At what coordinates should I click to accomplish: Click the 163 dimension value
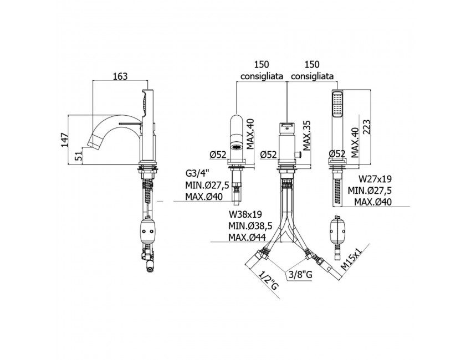(x=120, y=76)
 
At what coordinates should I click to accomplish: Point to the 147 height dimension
(x=65, y=139)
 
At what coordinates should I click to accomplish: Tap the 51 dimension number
(x=78, y=156)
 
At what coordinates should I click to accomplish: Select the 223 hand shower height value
(x=366, y=127)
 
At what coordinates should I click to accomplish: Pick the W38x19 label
(x=245, y=214)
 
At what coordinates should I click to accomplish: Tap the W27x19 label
(x=375, y=179)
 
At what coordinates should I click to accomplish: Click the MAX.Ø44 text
(x=247, y=237)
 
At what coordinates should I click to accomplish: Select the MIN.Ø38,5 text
(x=249, y=225)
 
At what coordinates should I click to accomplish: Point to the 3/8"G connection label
(x=300, y=274)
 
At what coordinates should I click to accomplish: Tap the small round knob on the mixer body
(x=299, y=155)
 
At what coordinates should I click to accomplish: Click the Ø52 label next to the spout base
(x=218, y=155)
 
